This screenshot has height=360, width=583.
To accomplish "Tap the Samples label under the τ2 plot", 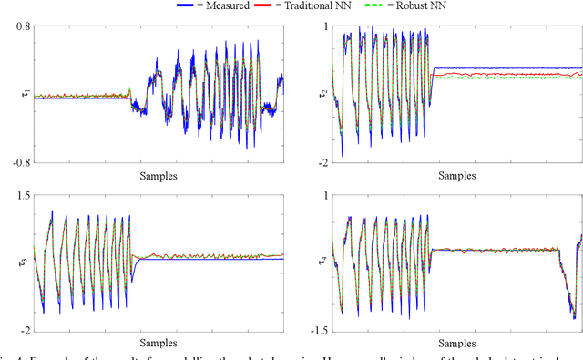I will pyautogui.click(x=455, y=173).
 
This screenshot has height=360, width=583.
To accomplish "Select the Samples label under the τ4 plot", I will pyautogui.click(x=455, y=343).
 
